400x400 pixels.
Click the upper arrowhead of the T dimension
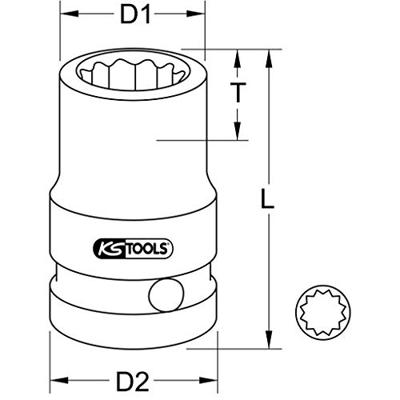tap(238, 57)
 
